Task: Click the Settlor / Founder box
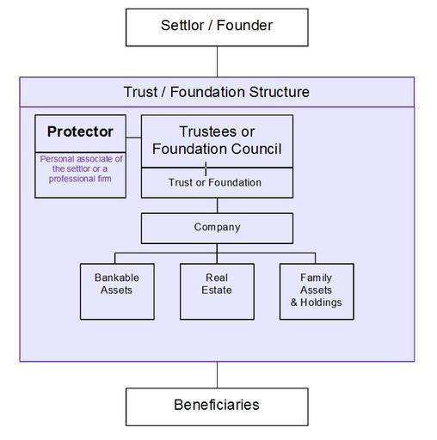(217, 27)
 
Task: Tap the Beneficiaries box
(217, 406)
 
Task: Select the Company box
(217, 229)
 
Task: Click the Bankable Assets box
(117, 291)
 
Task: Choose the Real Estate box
(217, 291)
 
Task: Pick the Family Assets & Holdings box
(317, 291)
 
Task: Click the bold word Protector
(80, 131)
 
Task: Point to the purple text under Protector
(81, 168)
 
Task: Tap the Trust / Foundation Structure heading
(217, 92)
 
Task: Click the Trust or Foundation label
(215, 182)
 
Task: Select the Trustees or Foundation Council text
(217, 140)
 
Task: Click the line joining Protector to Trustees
(133, 137)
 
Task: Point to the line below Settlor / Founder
(217, 62)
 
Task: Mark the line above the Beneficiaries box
(217, 375)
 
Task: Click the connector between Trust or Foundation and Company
(217, 205)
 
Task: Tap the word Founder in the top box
(244, 25)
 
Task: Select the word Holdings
(321, 302)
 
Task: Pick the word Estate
(217, 290)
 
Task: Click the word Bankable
(117, 278)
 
